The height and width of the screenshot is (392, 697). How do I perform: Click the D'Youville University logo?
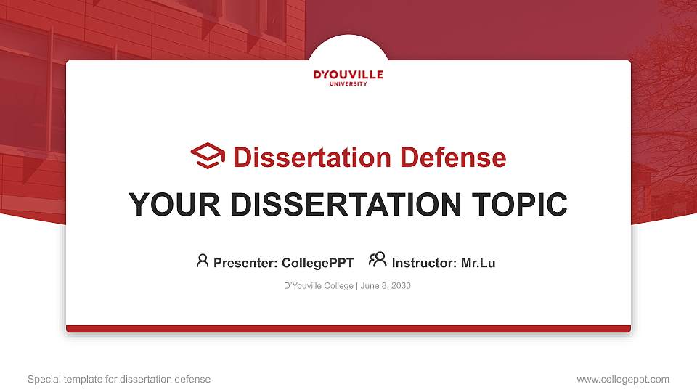[x=348, y=77]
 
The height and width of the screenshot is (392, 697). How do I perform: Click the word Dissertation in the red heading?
[x=303, y=158]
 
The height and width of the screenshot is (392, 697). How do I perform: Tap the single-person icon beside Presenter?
[x=203, y=261]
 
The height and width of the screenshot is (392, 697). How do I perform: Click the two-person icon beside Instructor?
[x=378, y=260]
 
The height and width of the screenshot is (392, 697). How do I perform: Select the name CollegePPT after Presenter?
[x=317, y=263]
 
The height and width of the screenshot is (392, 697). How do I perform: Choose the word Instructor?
[x=424, y=263]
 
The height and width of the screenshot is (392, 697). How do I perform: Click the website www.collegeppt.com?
[x=623, y=379]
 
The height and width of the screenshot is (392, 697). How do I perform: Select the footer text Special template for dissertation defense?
[x=119, y=379]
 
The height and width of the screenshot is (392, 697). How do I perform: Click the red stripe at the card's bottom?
[x=348, y=329]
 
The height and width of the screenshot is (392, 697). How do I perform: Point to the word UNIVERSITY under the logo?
[x=348, y=84]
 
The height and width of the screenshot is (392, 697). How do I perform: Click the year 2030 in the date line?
[x=401, y=286]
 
